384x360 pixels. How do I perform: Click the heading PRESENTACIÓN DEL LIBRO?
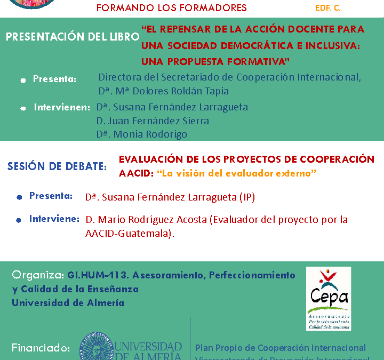pos(73,37)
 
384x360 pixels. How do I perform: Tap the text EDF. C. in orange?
pos(328,8)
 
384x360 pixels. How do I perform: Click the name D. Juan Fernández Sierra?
pos(153,121)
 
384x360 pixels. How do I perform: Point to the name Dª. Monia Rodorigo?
pos(142,134)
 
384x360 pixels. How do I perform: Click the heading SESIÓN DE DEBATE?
pos(57,166)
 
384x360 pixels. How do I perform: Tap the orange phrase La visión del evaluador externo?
pos(236,173)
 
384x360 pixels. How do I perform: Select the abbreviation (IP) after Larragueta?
pos(247,197)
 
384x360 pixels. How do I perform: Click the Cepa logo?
pos(328,298)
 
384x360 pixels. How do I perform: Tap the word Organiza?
pos(38,275)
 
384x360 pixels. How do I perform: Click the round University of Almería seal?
pos(96,347)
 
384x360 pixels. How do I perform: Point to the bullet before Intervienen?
pos(22,108)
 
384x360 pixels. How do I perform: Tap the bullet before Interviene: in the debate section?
pos(19,219)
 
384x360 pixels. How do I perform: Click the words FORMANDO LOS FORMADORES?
pos(172,8)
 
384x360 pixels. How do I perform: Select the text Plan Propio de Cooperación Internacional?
pos(281,347)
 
